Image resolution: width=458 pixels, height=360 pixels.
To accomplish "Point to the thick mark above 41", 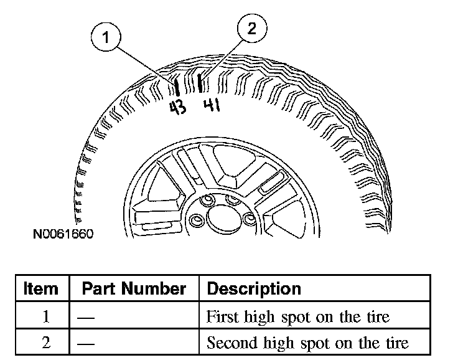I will coord(199,82).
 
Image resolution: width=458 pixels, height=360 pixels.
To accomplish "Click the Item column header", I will coord(41,289).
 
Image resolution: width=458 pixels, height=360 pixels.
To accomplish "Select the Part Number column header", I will coord(134,289).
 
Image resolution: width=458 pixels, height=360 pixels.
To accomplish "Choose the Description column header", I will coord(253,289).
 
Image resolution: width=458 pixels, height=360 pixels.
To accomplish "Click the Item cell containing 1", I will coord(46,316).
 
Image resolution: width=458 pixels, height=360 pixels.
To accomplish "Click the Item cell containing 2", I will coord(46,343).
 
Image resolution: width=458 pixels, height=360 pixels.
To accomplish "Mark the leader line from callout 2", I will coord(225,56).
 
